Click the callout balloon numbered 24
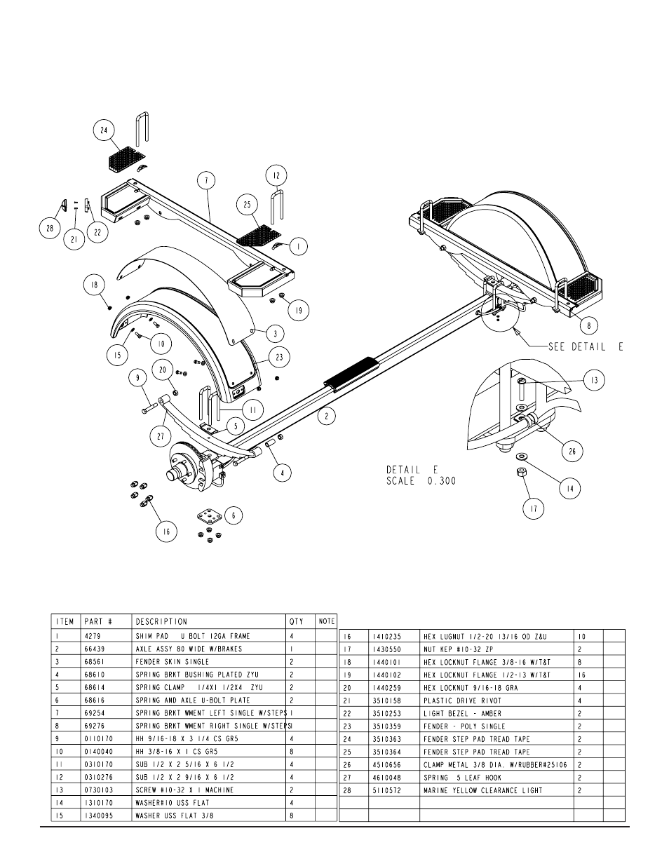pyautogui.click(x=104, y=130)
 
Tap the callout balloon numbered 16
pyautogui.click(x=166, y=532)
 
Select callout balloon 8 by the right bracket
pyautogui.click(x=589, y=325)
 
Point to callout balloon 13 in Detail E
pyautogui.click(x=594, y=380)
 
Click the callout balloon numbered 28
pyautogui.click(x=50, y=228)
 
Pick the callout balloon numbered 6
pyautogui.click(x=234, y=515)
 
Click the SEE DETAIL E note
pyautogui.click(x=586, y=346)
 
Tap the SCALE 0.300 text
pyautogui.click(x=421, y=481)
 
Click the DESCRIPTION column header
pyautogui.click(x=161, y=621)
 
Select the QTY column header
pyautogui.click(x=297, y=621)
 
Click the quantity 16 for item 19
pyautogui.click(x=582, y=675)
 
